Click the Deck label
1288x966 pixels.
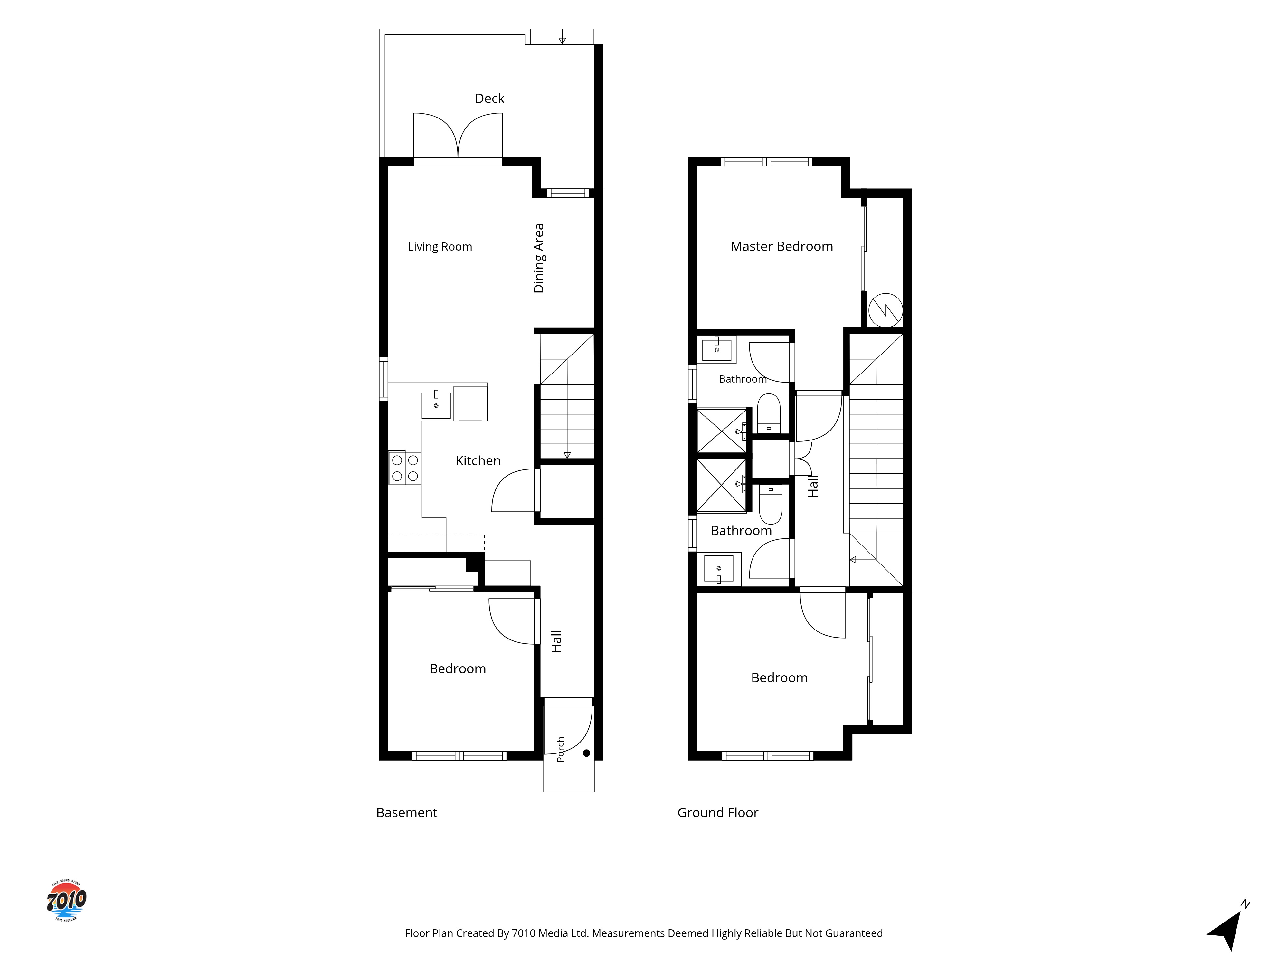click(489, 99)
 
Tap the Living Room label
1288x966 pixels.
click(440, 247)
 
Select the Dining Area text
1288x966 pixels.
click(539, 258)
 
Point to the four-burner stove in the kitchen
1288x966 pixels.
click(405, 468)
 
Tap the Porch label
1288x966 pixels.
click(560, 749)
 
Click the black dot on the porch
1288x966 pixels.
click(586, 753)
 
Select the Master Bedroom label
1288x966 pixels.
click(781, 246)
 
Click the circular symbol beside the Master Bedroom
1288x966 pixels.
click(885, 310)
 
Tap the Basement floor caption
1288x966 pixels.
click(406, 812)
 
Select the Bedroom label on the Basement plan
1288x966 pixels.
click(458, 668)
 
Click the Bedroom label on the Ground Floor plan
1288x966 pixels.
click(779, 678)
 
